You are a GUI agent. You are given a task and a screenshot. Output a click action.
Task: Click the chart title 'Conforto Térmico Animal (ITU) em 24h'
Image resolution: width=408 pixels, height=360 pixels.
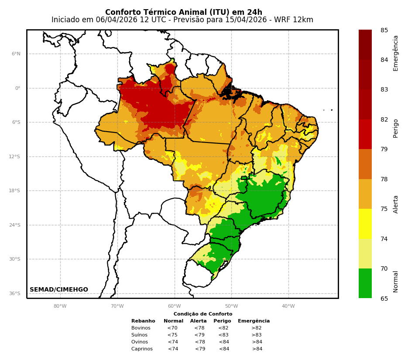point(184,12)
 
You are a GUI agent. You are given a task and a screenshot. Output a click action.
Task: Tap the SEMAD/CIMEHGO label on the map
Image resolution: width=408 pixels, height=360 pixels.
point(59,290)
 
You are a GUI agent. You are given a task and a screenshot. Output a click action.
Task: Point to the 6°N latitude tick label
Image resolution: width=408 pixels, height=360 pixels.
point(16,54)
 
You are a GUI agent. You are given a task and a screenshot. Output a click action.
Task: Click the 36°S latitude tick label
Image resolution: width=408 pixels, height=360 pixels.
point(14,294)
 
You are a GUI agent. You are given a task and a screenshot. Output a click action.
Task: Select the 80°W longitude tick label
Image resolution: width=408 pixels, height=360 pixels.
point(60,306)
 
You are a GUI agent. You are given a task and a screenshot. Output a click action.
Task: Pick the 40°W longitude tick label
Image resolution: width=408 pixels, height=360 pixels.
point(288,306)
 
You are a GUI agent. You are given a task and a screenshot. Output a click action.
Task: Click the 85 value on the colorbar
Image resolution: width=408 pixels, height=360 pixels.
point(384,31)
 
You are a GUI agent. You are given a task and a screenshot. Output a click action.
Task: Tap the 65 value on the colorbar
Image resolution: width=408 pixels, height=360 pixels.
point(384,299)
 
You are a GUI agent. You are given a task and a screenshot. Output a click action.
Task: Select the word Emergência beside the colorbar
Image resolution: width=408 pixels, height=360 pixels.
point(396,53)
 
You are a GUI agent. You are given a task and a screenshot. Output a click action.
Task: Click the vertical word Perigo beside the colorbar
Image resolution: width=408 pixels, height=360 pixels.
point(396,128)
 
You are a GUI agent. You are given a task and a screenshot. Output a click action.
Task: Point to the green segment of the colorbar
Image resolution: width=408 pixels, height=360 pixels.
point(365,283)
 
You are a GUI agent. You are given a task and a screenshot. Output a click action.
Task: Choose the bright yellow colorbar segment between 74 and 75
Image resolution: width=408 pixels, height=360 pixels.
point(365,224)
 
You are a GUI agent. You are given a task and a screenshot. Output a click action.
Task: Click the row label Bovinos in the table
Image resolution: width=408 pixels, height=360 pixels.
point(141,328)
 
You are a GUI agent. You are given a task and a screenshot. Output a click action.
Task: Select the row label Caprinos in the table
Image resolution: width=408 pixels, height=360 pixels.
point(142,349)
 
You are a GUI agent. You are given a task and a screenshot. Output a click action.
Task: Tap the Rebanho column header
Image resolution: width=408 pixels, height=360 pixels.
point(143,321)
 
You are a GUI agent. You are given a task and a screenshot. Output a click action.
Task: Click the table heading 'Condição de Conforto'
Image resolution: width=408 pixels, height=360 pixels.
point(203,314)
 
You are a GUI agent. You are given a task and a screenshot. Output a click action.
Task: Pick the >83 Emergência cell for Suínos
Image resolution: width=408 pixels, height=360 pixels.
point(257,335)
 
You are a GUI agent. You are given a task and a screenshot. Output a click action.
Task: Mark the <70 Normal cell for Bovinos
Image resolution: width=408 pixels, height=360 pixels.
point(172,328)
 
